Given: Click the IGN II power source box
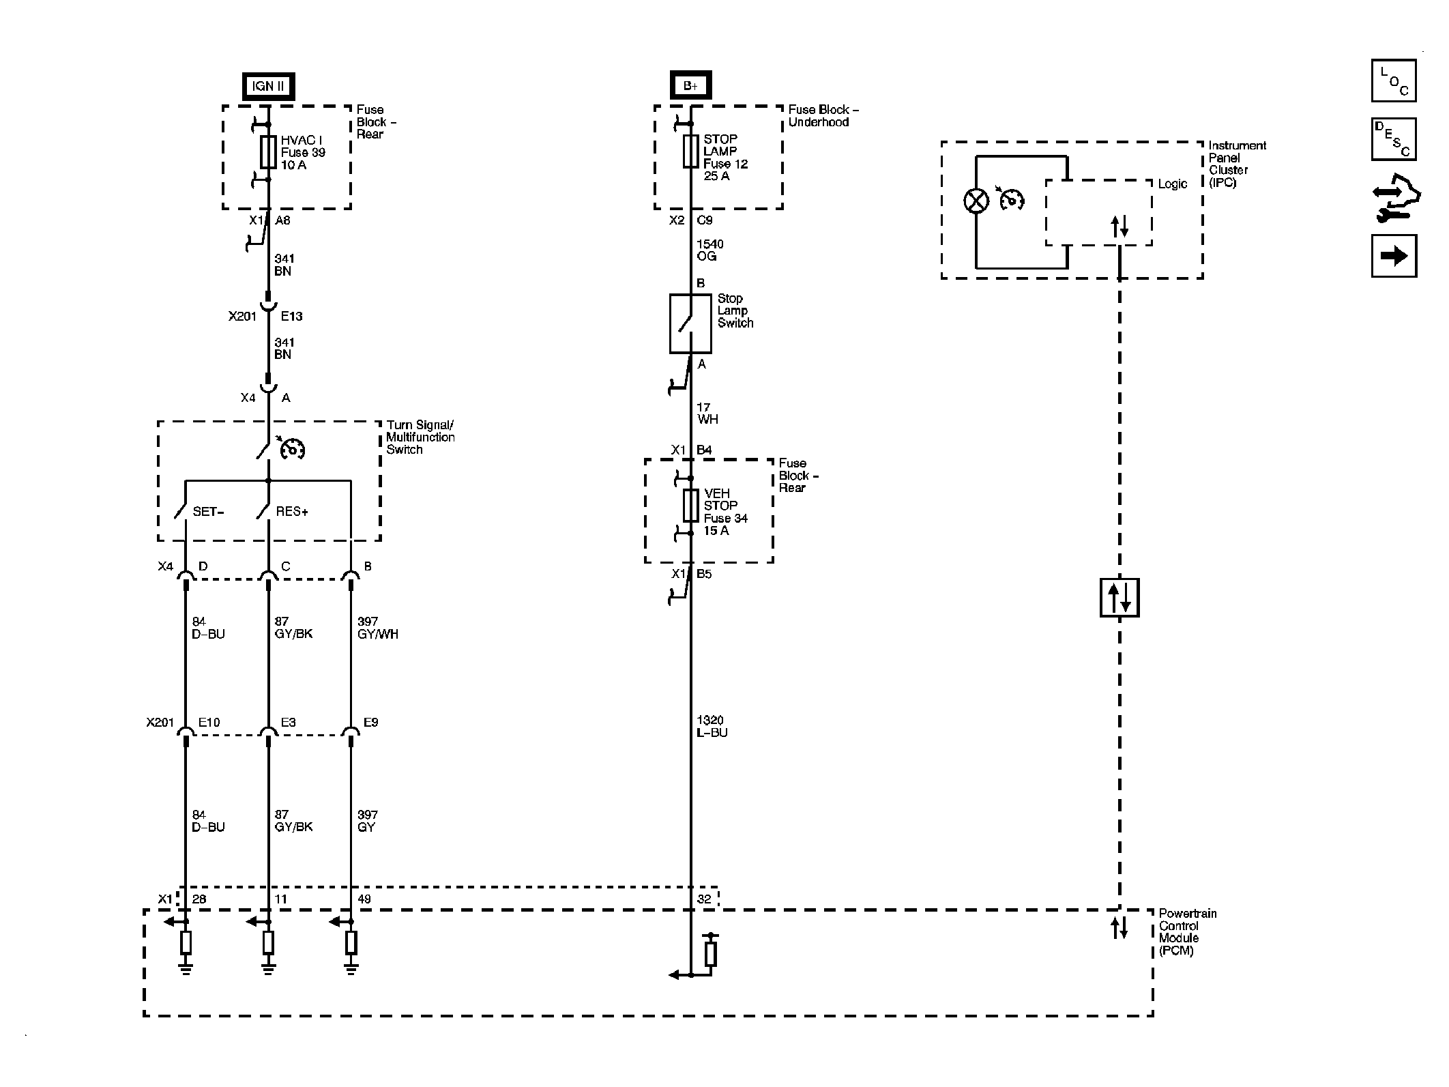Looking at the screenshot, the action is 268,86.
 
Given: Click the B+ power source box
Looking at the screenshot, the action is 690,85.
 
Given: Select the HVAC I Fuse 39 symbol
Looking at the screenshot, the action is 268,152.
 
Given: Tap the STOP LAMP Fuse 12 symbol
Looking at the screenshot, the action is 690,151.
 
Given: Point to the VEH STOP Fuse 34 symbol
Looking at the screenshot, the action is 690,506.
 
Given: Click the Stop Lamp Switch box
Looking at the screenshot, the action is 690,323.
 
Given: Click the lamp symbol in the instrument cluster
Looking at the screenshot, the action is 976,201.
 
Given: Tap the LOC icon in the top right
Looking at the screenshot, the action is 1394,81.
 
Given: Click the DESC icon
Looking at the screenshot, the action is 1394,139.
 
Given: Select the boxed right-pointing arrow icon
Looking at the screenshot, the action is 1394,256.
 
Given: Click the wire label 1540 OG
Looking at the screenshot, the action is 710,250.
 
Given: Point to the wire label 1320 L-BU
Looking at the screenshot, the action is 712,727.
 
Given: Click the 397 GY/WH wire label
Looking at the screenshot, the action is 378,628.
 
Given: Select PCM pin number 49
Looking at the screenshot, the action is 364,899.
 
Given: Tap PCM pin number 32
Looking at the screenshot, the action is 704,899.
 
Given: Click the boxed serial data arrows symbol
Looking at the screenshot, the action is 1119,598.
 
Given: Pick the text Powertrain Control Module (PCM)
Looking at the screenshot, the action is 1188,932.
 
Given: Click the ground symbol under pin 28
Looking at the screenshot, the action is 186,968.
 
